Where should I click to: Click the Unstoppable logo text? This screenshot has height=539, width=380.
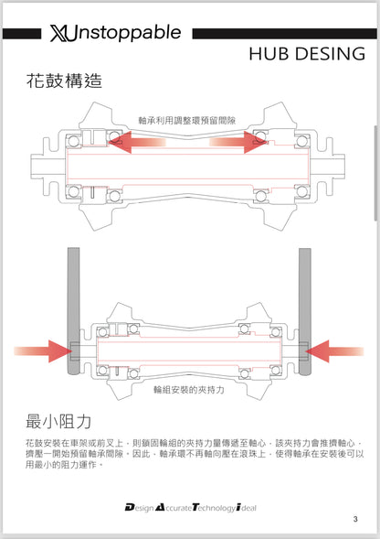pos(115,33)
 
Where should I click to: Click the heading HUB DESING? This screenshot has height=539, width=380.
pos(307,54)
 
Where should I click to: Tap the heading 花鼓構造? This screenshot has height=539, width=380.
pos(64,81)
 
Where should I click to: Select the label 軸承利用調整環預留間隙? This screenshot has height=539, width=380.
pos(186,121)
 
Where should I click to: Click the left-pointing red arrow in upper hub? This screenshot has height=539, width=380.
pos(137,142)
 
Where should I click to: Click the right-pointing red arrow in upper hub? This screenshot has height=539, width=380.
pos(238,142)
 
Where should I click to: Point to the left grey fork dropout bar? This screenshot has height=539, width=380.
pos(73,311)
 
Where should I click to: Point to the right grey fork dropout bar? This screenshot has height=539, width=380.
pos(305,311)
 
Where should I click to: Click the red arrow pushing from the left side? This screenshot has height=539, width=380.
pos(43,351)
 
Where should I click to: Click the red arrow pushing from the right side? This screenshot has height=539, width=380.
pos(334,351)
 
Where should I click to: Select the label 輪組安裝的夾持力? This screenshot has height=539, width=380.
pos(189,390)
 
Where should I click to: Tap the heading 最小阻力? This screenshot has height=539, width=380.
pos(58,422)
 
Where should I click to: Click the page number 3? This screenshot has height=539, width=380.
pos(355,519)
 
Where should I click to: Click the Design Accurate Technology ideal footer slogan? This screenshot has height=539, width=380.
pos(191,507)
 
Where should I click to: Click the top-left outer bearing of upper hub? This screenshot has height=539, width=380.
pos(73,141)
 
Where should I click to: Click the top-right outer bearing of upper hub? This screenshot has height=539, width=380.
pos(301,141)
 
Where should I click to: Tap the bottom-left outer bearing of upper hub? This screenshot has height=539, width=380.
pos(73,191)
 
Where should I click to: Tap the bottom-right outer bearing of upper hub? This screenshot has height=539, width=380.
pos(301,191)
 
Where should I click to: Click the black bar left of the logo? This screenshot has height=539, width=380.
pos(22,34)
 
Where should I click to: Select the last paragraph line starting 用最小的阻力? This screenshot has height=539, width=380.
pos(64,465)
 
